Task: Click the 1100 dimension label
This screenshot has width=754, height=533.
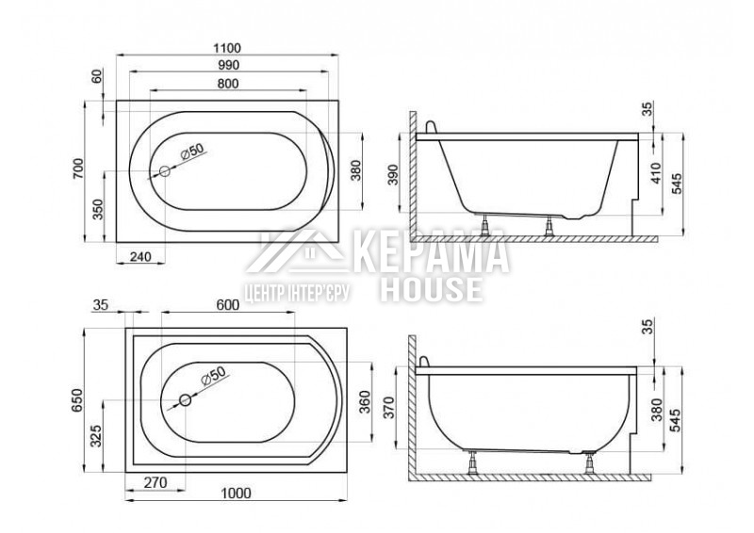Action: click(227, 48)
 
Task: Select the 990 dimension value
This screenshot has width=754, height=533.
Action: click(228, 65)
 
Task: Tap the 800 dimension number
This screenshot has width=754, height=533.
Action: click(228, 84)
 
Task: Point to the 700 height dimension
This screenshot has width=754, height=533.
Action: click(78, 169)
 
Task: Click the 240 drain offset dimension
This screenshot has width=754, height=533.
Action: click(140, 257)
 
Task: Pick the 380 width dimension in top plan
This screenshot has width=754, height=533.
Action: click(356, 170)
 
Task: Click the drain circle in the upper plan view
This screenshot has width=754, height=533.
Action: click(164, 171)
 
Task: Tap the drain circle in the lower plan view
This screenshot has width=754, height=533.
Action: click(185, 399)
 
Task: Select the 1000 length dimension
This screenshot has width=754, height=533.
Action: click(237, 493)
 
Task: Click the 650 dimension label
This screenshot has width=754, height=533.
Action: click(78, 400)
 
